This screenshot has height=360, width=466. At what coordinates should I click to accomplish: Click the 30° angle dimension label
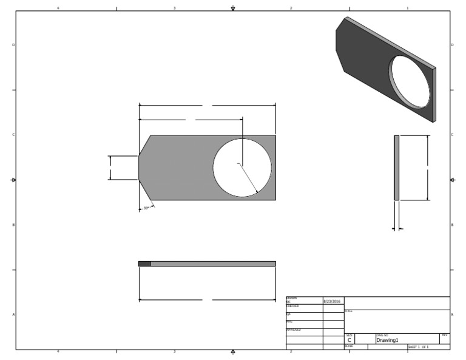point(146,208)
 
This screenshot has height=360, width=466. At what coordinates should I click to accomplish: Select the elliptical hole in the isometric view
point(410,82)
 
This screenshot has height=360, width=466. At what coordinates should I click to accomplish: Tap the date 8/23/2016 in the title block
point(332,301)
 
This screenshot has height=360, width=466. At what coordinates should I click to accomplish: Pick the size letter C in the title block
point(349,341)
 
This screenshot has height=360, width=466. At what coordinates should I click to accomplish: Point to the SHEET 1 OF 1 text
point(418,347)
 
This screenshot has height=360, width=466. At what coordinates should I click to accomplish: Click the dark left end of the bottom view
point(144,263)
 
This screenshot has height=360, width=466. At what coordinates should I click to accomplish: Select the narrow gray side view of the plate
point(396,168)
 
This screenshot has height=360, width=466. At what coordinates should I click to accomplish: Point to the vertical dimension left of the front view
point(110,168)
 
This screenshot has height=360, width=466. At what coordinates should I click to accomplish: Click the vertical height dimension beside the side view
point(428,168)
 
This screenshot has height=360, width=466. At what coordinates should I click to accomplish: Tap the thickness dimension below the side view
point(397,229)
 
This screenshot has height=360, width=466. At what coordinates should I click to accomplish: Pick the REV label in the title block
point(445,335)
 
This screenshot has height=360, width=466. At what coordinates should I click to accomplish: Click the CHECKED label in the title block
point(292,306)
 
